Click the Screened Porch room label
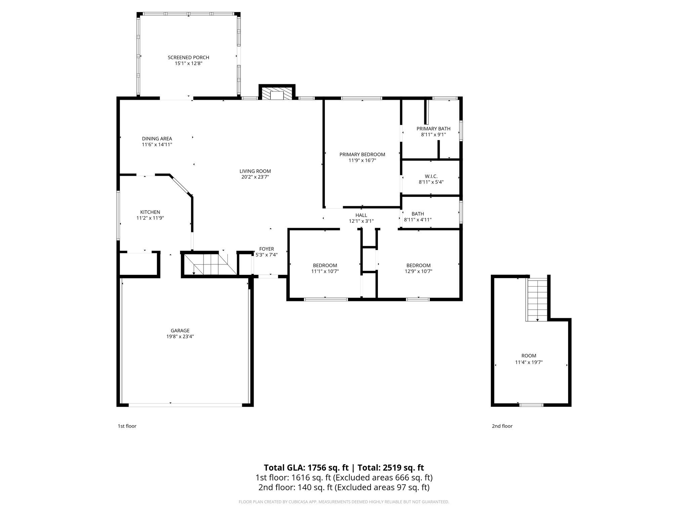(188, 57)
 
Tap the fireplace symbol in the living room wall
(277, 94)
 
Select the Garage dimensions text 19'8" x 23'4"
(180, 336)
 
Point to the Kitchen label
(150, 212)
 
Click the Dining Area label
(157, 138)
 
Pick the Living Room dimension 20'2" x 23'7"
(255, 177)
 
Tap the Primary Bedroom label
(362, 155)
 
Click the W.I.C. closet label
(431, 176)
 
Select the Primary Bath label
(433, 129)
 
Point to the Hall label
(361, 215)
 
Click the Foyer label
(266, 249)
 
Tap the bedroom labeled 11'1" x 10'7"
(325, 268)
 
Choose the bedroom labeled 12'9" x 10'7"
(418, 268)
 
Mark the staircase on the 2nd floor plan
(537, 299)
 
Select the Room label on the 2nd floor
(529, 356)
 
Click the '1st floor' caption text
(127, 426)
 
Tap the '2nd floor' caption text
(502, 426)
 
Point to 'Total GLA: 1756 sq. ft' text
(306, 468)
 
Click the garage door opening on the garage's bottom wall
(185, 405)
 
